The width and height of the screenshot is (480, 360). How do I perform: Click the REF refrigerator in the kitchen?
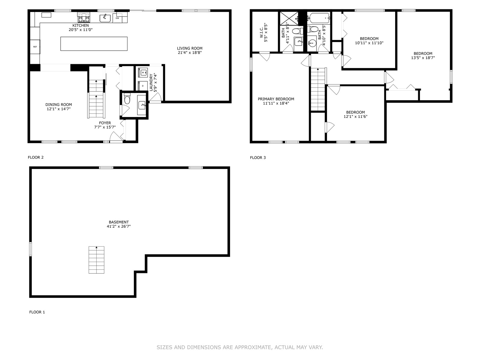pyautogui.click(x=35, y=46)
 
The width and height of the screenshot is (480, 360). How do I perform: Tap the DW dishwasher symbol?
pyautogui.click(x=117, y=18)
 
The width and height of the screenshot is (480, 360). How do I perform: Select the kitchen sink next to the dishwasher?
pyautogui.click(x=105, y=18)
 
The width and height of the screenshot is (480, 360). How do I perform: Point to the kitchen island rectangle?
pyautogui.click(x=94, y=44)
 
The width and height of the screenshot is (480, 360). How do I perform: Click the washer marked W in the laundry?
pyautogui.click(x=143, y=72)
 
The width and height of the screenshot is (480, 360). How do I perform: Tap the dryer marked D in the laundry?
pyautogui.click(x=143, y=86)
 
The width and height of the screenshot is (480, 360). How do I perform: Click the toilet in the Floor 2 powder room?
pyautogui.click(x=127, y=98)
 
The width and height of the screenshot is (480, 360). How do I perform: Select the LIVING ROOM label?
pyautogui.click(x=190, y=48)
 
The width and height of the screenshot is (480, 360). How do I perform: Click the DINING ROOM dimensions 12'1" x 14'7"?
pyautogui.click(x=58, y=109)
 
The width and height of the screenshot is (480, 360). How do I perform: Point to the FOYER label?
pyautogui.click(x=105, y=123)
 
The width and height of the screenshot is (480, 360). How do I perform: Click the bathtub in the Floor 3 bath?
pyautogui.click(x=318, y=18)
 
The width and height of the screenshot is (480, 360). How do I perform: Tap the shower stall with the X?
pyautogui.click(x=289, y=19)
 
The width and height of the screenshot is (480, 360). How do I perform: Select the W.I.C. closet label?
pyautogui.click(x=262, y=33)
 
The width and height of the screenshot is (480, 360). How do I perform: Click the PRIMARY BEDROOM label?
pyautogui.click(x=276, y=99)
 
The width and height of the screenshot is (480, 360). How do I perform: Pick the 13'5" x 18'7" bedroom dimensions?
pyautogui.click(x=423, y=58)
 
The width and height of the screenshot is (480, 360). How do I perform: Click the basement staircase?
pyautogui.click(x=96, y=260)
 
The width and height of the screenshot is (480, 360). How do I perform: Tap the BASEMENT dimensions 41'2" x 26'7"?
pyautogui.click(x=119, y=226)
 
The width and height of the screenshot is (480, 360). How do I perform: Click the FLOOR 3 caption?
pyautogui.click(x=258, y=157)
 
